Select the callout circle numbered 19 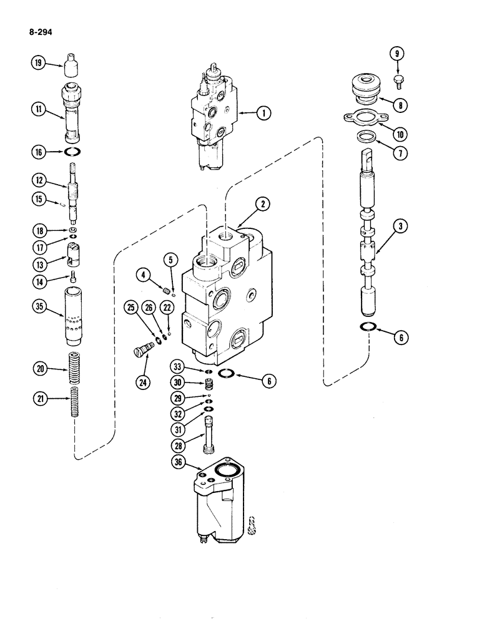(x=38, y=63)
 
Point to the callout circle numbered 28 (x=180, y=444)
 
